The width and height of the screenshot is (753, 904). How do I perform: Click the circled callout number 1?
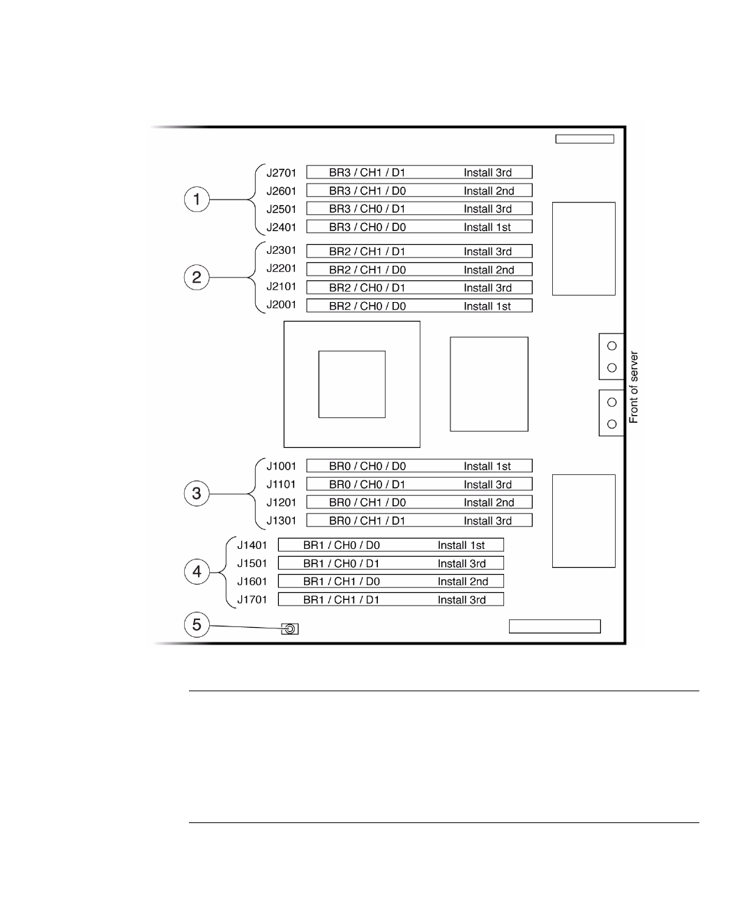click(197, 199)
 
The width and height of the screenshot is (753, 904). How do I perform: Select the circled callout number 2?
click(197, 278)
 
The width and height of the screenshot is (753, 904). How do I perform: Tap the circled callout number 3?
click(197, 493)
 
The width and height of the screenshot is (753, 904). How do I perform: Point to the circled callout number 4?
click(197, 572)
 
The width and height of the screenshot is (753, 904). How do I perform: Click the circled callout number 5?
click(197, 624)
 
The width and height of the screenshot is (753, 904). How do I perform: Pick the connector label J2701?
click(282, 172)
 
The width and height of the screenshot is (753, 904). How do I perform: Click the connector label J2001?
click(282, 305)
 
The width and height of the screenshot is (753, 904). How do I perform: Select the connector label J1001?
click(282, 465)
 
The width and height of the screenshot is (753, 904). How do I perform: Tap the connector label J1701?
click(252, 599)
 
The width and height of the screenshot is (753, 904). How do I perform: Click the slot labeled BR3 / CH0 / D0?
click(419, 227)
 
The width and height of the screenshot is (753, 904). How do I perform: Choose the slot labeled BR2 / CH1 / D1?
click(419, 251)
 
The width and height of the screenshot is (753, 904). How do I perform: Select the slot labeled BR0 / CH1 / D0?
click(419, 502)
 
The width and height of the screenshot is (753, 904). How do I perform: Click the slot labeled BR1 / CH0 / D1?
click(390, 563)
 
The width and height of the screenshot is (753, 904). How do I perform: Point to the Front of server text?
click(634, 387)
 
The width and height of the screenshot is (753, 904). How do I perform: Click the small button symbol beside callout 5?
click(289, 628)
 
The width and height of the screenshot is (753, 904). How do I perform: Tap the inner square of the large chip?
click(351, 384)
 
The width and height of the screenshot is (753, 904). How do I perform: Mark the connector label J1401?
click(252, 545)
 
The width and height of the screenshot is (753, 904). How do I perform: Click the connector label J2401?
click(282, 227)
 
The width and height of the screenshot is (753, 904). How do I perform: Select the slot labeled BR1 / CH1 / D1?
click(390, 599)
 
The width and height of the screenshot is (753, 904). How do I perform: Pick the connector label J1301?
click(282, 520)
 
